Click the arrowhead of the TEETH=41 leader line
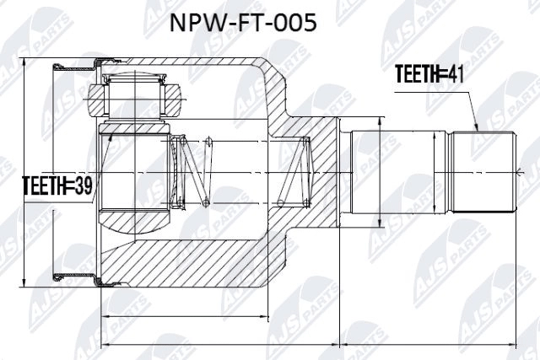[x=477, y=128]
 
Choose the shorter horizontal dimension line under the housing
[x=219, y=317]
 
